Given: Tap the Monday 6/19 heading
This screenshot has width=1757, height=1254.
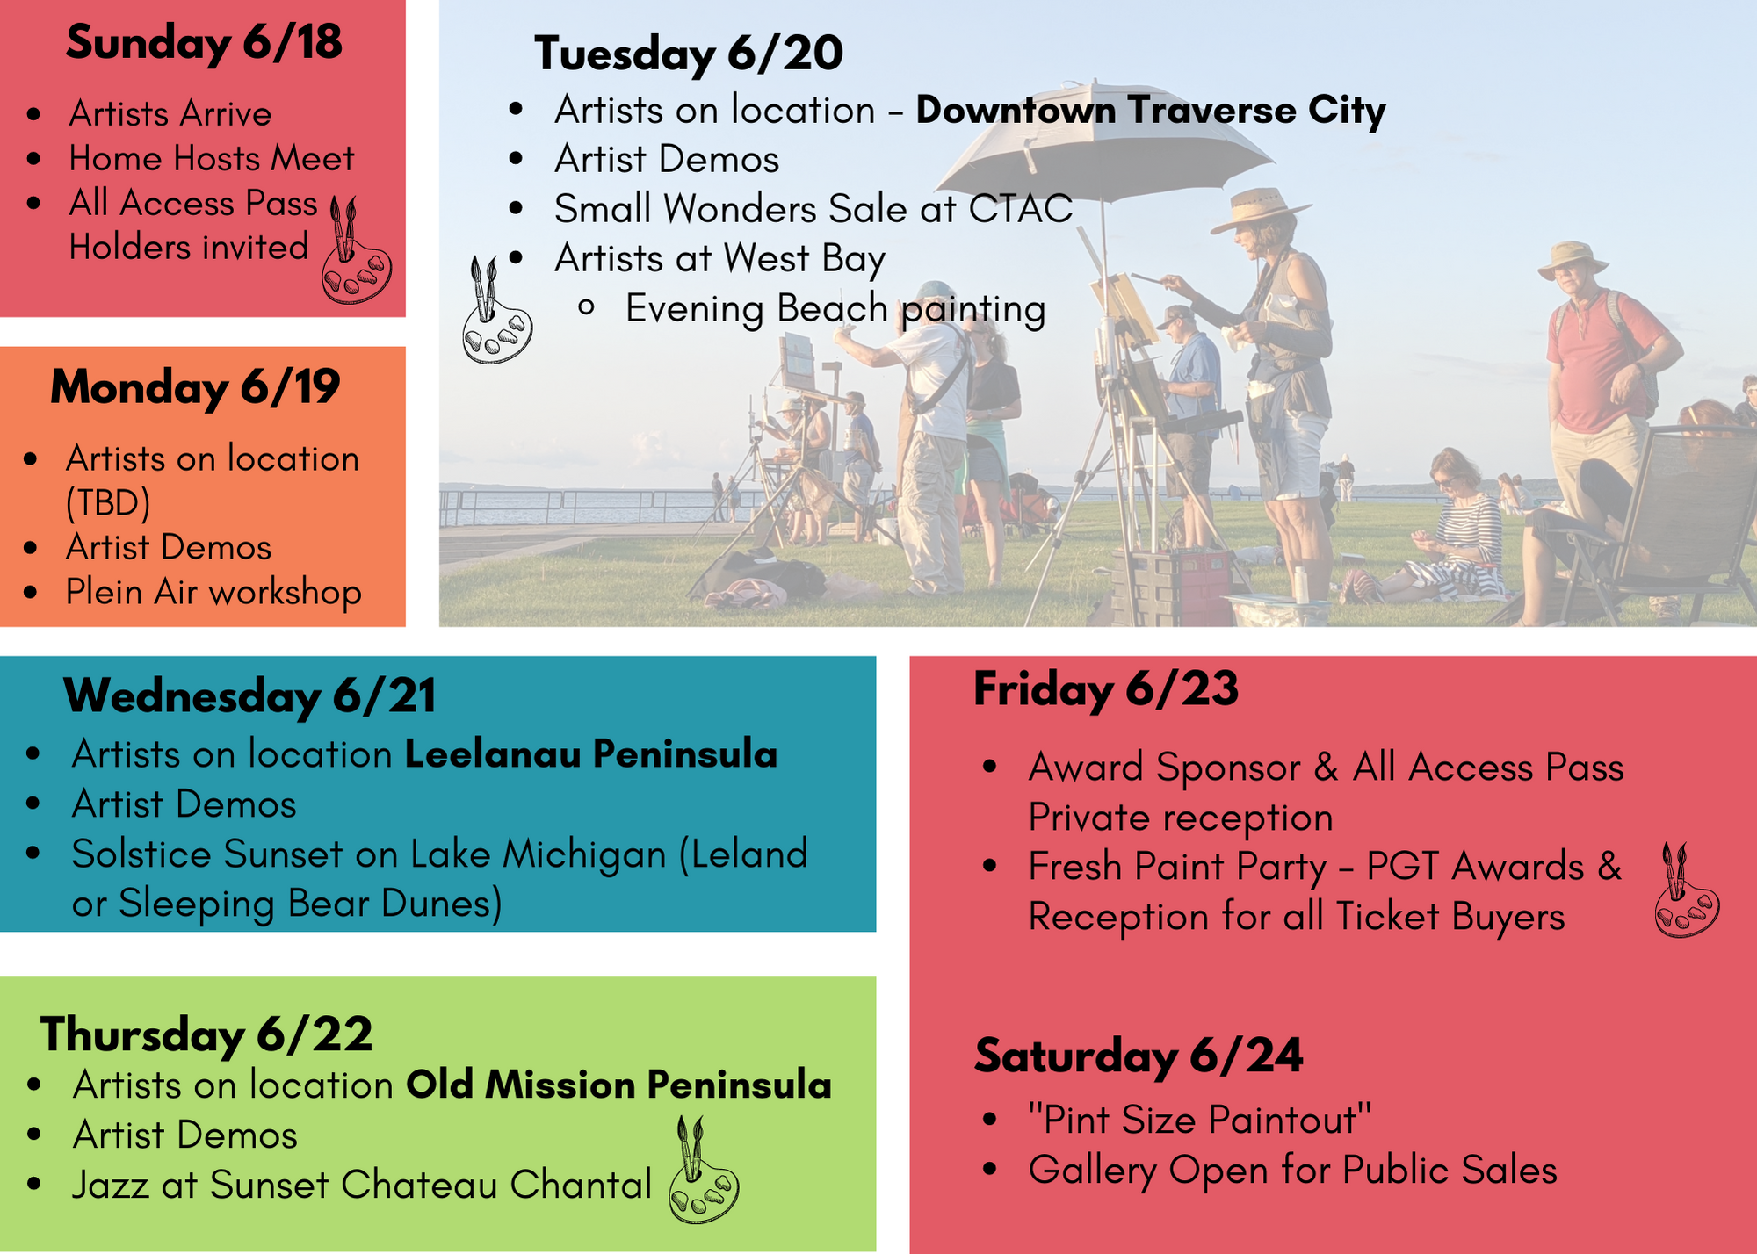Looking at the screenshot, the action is pos(195,388).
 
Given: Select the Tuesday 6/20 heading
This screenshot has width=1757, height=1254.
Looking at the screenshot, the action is pos(689,54).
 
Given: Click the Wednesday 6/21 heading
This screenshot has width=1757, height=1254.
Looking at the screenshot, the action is pos(249,697).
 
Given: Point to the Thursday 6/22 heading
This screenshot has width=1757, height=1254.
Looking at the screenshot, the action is pos(206,1034).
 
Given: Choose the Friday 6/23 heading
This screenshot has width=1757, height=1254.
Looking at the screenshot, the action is pos(1106,689).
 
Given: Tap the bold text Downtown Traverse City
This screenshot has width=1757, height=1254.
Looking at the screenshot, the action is pos(1151,111).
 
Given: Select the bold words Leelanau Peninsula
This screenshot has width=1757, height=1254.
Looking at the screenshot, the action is pos(591,754).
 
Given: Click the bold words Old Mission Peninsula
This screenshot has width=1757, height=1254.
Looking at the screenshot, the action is pos(618,1085).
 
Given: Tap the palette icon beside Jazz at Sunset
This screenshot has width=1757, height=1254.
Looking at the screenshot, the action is pos(703,1170).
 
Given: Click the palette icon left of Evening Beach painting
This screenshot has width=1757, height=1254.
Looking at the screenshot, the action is pos(496,310).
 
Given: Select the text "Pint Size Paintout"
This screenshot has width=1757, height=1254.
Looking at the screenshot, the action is pos(1200,1121).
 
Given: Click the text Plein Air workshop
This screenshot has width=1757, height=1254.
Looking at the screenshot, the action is pos(213,593).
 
